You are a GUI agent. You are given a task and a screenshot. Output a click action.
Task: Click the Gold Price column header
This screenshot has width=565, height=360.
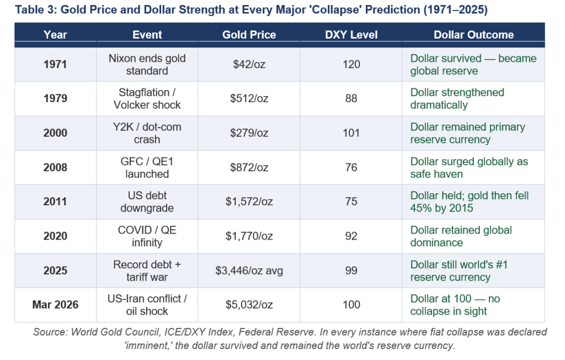tap(249, 35)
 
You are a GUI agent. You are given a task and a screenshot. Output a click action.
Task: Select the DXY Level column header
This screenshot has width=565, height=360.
tap(351, 35)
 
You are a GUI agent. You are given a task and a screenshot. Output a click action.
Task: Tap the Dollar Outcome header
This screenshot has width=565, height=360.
tap(473, 35)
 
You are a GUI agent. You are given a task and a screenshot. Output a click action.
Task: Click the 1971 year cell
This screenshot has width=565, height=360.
tap(55, 65)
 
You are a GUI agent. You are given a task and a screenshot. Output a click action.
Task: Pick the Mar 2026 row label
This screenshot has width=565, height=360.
tap(55, 305)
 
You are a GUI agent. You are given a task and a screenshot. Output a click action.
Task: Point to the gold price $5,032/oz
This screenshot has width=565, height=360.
tap(249, 305)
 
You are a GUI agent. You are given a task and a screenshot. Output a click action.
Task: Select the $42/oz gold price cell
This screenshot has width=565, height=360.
tap(249, 65)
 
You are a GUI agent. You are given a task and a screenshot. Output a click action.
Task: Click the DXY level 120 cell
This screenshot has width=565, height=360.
tap(351, 65)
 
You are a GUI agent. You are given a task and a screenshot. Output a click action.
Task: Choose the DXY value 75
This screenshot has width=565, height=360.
tap(351, 202)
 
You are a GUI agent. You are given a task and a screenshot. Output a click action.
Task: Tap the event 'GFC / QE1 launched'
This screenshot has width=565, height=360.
tap(147, 167)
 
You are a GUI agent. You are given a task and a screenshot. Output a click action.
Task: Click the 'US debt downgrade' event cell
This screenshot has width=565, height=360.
tap(147, 202)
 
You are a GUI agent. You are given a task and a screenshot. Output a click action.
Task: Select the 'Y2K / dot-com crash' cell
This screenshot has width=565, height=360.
tap(147, 133)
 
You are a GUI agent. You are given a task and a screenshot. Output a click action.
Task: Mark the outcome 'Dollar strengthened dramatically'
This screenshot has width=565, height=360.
tap(457, 99)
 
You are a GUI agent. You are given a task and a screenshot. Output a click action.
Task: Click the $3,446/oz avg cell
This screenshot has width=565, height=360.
tap(249, 271)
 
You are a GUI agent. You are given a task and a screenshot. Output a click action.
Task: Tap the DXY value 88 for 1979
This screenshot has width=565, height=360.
tap(351, 99)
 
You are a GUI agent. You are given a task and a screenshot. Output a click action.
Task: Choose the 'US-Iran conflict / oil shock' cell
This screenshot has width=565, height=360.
tap(147, 305)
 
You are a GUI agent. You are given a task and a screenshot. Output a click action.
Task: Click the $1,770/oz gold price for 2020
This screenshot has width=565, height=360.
tap(249, 236)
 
